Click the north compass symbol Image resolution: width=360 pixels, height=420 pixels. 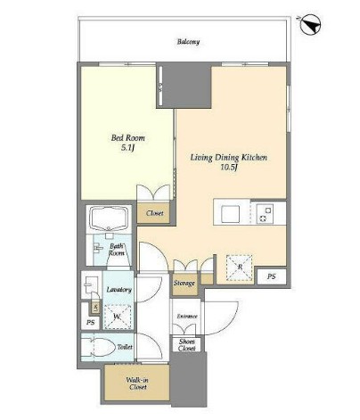[x=310, y=25]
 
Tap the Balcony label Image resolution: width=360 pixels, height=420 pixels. [x=188, y=42]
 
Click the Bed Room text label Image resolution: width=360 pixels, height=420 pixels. [x=128, y=138]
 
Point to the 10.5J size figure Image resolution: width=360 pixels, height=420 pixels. [x=228, y=168]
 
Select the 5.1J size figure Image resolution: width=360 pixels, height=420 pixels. [x=128, y=148]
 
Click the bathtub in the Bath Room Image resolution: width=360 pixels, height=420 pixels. [x=110, y=218]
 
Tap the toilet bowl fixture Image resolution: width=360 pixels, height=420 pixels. [x=101, y=347]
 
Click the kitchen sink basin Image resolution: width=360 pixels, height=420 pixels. [x=230, y=213]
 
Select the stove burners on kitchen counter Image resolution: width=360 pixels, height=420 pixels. [x=265, y=214]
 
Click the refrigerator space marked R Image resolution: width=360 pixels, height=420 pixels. [x=239, y=268]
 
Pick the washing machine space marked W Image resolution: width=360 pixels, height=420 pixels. [x=119, y=317]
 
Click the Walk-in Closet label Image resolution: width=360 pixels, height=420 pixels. [x=137, y=383]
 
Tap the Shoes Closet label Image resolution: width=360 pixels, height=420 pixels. [x=187, y=345]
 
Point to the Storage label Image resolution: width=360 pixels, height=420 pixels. [x=184, y=284]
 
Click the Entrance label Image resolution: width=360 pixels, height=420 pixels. [x=187, y=317]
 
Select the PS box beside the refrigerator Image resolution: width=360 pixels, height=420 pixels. [x=272, y=276]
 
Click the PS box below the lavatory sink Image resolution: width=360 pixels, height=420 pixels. [x=91, y=322]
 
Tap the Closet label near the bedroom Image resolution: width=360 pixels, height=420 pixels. [x=154, y=213]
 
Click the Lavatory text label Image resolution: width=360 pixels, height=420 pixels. [x=119, y=290]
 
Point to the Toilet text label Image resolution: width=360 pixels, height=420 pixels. [x=125, y=347]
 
